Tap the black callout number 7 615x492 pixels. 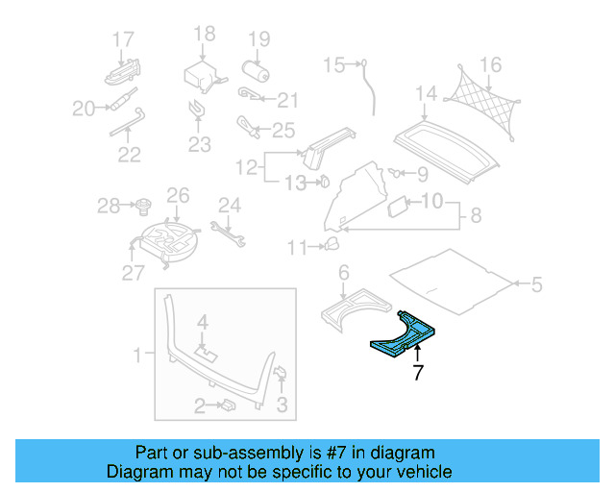coord(417,374)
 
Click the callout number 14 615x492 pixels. coord(426,93)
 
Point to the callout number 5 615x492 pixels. coord(536,283)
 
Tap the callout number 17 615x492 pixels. coord(122,39)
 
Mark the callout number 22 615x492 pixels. coord(129,154)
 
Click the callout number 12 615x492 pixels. coord(247,167)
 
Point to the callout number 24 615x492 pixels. coord(228,204)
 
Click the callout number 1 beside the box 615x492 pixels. coord(137,356)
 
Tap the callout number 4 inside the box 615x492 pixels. coord(203,320)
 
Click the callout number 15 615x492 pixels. coord(333,65)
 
